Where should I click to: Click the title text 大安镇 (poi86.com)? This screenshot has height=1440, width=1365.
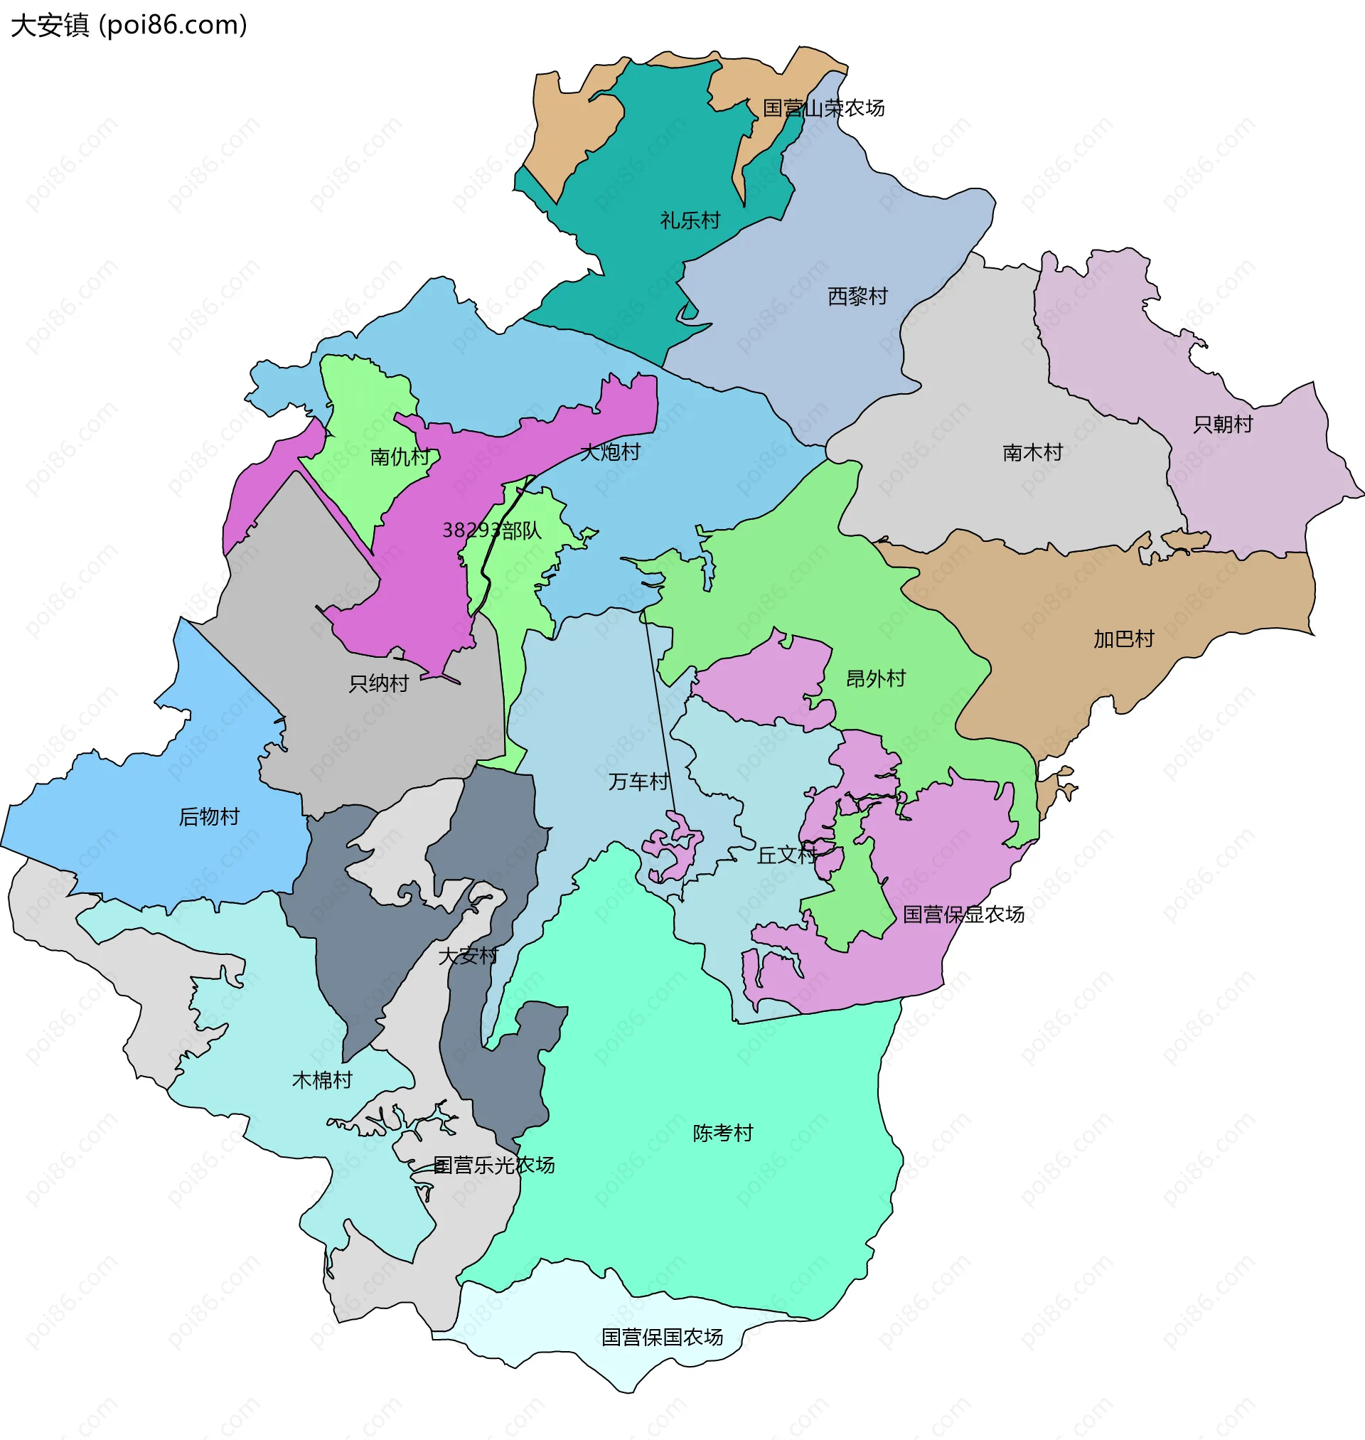click(129, 26)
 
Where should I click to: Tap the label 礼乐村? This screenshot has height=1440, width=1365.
click(690, 220)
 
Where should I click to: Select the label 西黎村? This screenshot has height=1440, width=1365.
click(857, 297)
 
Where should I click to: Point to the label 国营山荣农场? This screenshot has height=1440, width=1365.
click(823, 108)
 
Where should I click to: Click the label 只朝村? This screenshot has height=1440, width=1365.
click(1222, 425)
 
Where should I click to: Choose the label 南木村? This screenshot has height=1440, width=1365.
click(1032, 452)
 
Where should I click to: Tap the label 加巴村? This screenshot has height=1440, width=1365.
click(1123, 639)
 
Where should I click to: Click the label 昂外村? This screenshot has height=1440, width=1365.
click(875, 679)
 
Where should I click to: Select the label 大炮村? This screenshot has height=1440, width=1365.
click(610, 452)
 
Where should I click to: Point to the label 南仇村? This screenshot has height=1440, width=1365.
click(400, 457)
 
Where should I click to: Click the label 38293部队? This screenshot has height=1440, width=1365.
click(492, 530)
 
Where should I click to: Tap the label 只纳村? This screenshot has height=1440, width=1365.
click(378, 683)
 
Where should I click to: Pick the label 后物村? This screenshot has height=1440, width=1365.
click(209, 816)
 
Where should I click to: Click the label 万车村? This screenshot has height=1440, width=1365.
click(638, 782)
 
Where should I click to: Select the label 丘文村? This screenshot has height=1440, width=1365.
click(786, 855)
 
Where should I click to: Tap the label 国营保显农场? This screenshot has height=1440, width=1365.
click(963, 914)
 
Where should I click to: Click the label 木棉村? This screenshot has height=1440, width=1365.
click(321, 1079)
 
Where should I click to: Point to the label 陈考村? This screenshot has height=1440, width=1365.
click(722, 1133)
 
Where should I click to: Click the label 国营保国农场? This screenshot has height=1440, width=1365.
click(661, 1337)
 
